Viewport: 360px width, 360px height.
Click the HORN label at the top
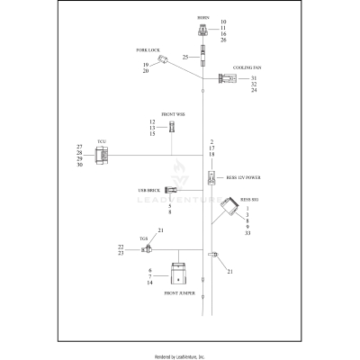point(202,17)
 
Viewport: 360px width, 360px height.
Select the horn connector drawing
point(202,31)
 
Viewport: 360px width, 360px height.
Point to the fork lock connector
point(165,60)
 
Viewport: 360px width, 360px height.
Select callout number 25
point(185,57)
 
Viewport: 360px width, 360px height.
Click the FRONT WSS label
point(174,114)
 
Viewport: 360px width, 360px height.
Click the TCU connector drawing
point(104,156)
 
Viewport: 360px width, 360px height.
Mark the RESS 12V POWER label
point(243,177)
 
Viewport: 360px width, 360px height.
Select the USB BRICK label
point(149,191)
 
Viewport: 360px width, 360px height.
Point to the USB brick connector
point(170,190)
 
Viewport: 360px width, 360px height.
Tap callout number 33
point(247,232)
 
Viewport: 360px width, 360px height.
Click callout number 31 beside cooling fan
point(254,78)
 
